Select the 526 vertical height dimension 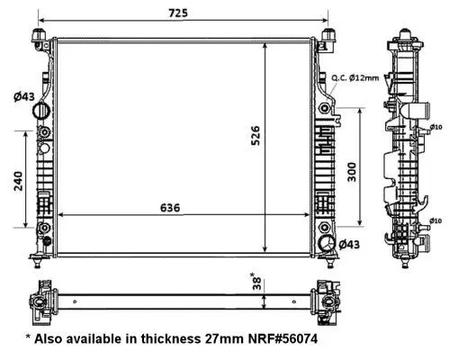pyautogui.click(x=255, y=135)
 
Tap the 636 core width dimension pyautogui.click(x=171, y=207)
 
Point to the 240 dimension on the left pyautogui.click(x=17, y=182)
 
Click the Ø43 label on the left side pyautogui.click(x=22, y=97)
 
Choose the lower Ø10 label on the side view pyautogui.click(x=434, y=220)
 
